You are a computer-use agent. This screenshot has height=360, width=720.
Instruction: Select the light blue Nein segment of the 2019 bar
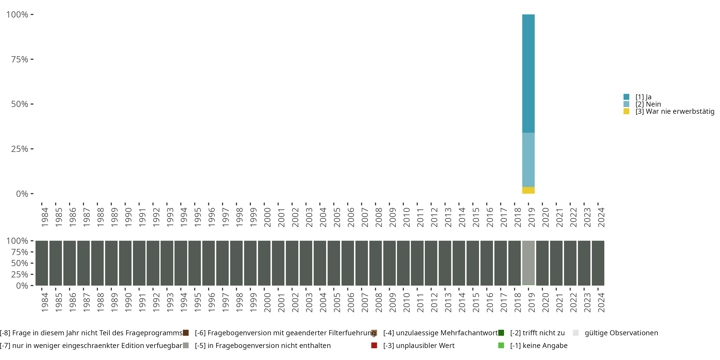pyautogui.click(x=528, y=160)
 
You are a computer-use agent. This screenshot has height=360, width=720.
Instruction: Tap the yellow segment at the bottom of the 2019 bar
pyautogui.click(x=528, y=190)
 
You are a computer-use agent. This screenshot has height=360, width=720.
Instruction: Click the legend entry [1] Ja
pyautogui.click(x=643, y=97)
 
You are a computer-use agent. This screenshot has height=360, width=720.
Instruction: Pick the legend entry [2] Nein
pyautogui.click(x=648, y=104)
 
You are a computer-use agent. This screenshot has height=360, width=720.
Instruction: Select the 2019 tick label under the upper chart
pyautogui.click(x=531, y=217)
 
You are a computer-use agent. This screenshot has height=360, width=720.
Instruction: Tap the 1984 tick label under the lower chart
pyautogui.click(x=45, y=302)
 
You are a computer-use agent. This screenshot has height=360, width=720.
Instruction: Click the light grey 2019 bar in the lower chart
pyautogui.click(x=528, y=263)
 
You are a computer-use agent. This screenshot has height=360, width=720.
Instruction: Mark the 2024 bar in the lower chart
pyautogui.click(x=598, y=263)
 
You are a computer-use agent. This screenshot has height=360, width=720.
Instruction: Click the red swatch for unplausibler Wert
pyautogui.click(x=374, y=345)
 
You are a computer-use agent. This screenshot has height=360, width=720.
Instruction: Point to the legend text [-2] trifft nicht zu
pyautogui.click(x=537, y=333)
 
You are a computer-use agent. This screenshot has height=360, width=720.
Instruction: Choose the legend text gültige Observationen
pyautogui.click(x=621, y=333)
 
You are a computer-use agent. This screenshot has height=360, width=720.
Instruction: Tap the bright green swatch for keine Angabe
pyautogui.click(x=501, y=345)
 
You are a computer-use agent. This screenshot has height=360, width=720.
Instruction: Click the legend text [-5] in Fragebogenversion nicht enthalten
pyautogui.click(x=263, y=345)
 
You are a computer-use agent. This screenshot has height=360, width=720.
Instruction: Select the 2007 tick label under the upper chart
pyautogui.click(x=365, y=217)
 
